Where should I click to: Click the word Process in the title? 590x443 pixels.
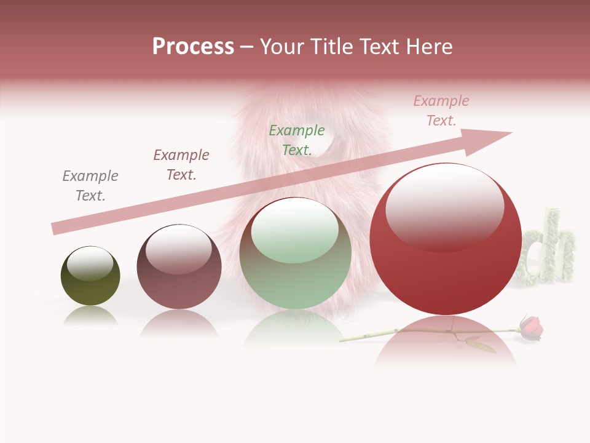pos(193,47)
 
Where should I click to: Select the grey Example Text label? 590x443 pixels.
pos(90,186)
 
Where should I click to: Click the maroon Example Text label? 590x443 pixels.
pos(181,165)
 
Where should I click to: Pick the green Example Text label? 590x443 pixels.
pos(297,140)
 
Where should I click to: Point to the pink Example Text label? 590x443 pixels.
pos(441,111)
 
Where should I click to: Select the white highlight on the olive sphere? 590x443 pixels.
pos(90,263)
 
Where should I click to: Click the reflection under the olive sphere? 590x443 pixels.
pos(90,316)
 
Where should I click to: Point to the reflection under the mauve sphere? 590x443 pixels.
pos(179,324)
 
